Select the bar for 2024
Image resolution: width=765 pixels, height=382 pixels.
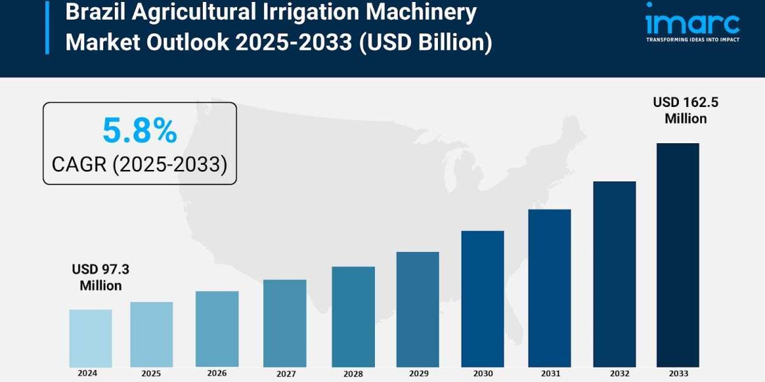coord(91,338)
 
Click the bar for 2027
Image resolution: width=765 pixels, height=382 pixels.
coord(284,323)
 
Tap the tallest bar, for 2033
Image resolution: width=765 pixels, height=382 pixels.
coord(678,255)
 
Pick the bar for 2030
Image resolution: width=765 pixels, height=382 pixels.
coord(483,299)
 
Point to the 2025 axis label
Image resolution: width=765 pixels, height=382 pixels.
coord(152,373)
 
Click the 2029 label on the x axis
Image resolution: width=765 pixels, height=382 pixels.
coord(418,373)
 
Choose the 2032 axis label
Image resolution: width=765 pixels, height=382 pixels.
coord(615,373)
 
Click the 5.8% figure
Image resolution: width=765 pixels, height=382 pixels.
coord(140,131)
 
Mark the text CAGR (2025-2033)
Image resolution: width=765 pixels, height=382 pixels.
coord(140,164)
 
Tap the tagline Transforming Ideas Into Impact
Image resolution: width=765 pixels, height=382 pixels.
coord(692,39)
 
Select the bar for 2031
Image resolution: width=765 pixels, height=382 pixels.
coord(549,288)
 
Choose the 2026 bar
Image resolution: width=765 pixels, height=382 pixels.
coord(217,329)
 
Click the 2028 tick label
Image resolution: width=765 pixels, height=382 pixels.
coord(353,373)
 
